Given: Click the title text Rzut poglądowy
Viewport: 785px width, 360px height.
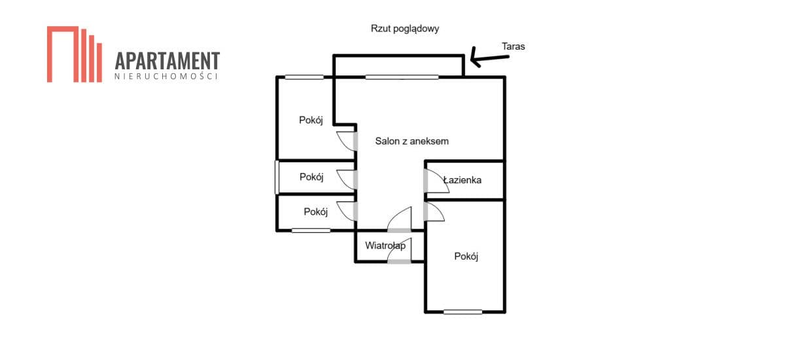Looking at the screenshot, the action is [x=405, y=29].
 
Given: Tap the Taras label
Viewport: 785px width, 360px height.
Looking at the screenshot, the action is [x=513, y=46].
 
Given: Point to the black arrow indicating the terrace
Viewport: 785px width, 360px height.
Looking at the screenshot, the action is [x=489, y=58].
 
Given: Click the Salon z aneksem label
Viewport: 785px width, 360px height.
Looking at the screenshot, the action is [x=411, y=141].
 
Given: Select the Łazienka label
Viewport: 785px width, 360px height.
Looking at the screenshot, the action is [x=462, y=180].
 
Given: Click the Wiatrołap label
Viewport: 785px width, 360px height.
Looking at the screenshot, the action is [x=385, y=245].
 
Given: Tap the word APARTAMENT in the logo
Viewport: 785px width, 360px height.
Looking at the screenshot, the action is [x=167, y=61].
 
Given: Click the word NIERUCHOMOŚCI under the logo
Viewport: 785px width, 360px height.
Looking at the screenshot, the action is [x=166, y=76].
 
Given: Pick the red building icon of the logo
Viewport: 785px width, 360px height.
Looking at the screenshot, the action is [x=75, y=54].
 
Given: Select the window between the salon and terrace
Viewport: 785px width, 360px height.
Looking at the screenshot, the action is [x=402, y=77].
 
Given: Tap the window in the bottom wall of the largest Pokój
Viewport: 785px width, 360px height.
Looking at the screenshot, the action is [x=462, y=312].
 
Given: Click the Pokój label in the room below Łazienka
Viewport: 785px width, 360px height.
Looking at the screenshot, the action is [x=466, y=256].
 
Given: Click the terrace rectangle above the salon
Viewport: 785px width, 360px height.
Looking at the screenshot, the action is [x=399, y=56].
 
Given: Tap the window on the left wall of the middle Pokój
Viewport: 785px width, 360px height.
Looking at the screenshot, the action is [x=277, y=177].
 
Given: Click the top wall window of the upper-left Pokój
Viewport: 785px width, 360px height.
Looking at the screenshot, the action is [x=304, y=77].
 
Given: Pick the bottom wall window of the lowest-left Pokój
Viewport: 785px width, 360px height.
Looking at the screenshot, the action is [x=311, y=230].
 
